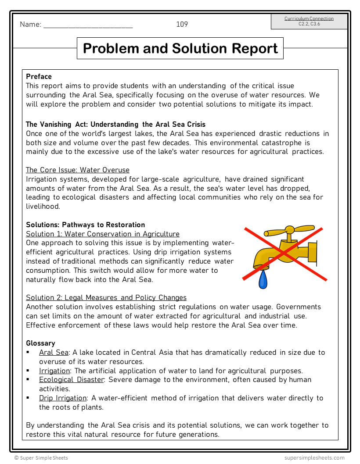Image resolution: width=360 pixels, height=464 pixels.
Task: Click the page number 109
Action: click(182, 24)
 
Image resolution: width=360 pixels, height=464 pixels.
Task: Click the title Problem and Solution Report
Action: click(180, 48)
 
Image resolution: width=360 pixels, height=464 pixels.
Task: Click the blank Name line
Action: click(88, 25)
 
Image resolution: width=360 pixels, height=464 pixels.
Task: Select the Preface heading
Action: click(39, 76)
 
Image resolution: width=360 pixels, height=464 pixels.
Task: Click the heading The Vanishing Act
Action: click(115, 124)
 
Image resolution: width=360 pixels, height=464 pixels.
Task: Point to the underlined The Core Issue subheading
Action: click(77, 170)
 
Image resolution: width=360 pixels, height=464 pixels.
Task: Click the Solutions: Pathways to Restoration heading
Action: click(85, 225)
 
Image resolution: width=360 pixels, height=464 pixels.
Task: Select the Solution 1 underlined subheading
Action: click(102, 234)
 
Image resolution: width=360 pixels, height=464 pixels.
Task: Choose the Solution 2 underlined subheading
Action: click(106, 297)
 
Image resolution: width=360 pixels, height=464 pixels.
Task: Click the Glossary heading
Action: click(40, 343)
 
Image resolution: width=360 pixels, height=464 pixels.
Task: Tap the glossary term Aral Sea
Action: click(54, 352)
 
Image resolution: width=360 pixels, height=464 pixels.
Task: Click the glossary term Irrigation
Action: click(54, 371)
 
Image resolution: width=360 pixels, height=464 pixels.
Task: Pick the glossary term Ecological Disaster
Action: click(71, 379)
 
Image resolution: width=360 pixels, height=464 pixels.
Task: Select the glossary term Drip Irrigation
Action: click(63, 398)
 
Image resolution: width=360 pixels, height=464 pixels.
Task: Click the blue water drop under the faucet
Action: click(263, 280)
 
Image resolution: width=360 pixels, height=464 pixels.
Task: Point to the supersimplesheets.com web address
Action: click(314, 457)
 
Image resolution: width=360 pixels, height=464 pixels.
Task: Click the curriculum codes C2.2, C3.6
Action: click(309, 24)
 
